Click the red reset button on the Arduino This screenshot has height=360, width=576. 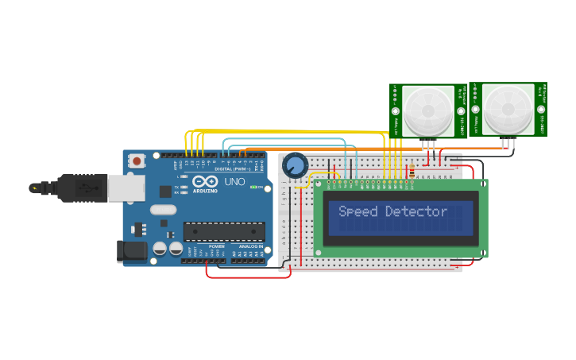point(137,161)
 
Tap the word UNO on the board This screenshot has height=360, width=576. point(235,182)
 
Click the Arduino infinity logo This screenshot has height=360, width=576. point(204,181)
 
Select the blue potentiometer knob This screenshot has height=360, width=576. point(295,165)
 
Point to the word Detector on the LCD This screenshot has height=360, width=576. point(416,211)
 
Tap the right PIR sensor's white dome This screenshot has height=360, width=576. point(508,107)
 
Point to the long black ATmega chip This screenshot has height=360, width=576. point(224,231)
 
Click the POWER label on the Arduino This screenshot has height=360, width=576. point(217,246)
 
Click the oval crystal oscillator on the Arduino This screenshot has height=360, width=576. point(162,211)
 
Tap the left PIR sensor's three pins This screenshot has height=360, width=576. point(429,144)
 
